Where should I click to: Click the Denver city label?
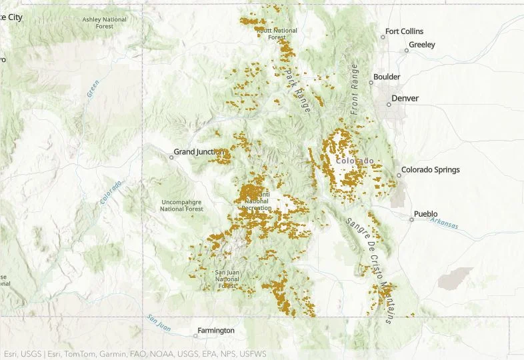[405, 99]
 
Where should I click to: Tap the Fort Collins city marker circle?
[383, 37]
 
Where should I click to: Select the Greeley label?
[421, 45]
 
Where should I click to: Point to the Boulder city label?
[387, 77]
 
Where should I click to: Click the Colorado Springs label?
[430, 170]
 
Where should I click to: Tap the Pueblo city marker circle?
[411, 219]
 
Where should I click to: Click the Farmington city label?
[215, 331]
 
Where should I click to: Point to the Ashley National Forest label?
[105, 23]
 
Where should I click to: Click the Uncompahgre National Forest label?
[181, 205]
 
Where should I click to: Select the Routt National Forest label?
[277, 34]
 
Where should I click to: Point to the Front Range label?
[355, 89]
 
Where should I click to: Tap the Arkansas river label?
[444, 223]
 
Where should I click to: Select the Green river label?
[93, 89]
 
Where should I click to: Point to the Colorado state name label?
[354, 161]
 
